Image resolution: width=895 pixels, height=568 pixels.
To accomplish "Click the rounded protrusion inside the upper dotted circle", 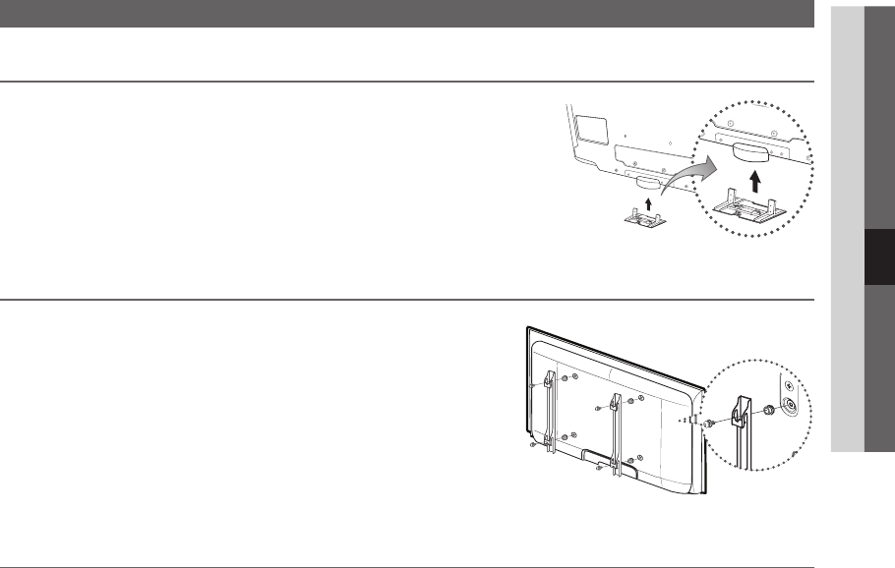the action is [752, 150].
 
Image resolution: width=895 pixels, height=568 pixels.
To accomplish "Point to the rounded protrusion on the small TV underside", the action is [649, 182].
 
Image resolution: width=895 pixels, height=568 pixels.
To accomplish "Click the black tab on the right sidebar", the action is [879, 258].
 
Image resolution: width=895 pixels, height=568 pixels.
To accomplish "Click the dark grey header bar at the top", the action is [407, 13].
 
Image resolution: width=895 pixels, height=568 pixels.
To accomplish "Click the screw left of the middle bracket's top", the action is [599, 406].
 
